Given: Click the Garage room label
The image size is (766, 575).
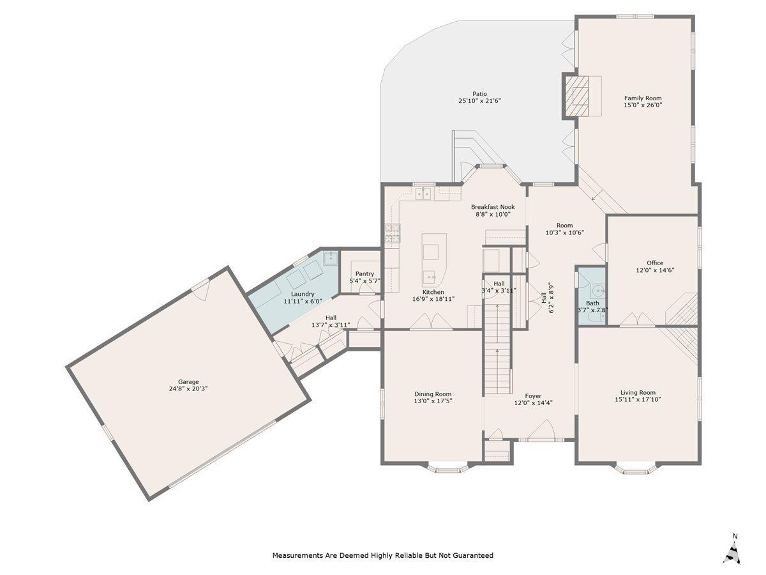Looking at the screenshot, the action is point(188,382).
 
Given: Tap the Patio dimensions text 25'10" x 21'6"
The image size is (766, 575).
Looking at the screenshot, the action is point(479,101).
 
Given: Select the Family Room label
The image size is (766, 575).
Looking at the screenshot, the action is point(643,98).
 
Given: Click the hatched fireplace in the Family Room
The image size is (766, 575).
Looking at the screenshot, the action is point(576,96).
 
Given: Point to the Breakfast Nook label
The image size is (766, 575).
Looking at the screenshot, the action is point(493,206).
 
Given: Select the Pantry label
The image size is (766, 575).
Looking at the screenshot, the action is point(364,273).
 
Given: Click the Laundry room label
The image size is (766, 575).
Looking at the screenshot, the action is point(303,294).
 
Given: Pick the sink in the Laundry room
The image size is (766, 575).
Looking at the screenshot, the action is point(330,258).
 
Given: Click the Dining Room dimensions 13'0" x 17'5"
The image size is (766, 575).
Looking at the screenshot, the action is point(433,401).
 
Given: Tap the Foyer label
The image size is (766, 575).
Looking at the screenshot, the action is point(533,396).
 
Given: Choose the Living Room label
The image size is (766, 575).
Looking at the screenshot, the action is point(638,392).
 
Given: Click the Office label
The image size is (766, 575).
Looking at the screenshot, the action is point(655,263).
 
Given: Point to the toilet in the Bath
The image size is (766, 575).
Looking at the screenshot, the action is point(596,317).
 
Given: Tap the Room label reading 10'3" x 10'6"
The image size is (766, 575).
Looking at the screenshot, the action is point(564,229).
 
